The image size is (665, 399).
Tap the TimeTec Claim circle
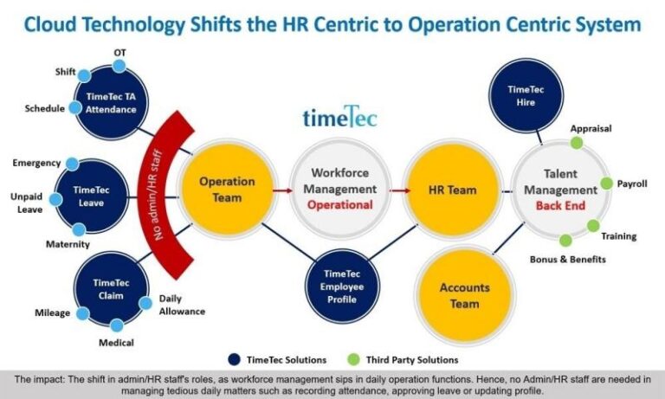[112, 289]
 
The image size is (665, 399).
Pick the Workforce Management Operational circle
[332, 189]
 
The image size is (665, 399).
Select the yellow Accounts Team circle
[464, 295]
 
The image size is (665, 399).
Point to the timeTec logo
[339, 119]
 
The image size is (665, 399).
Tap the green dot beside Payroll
[607, 183]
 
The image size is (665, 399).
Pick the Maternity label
[68, 245]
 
